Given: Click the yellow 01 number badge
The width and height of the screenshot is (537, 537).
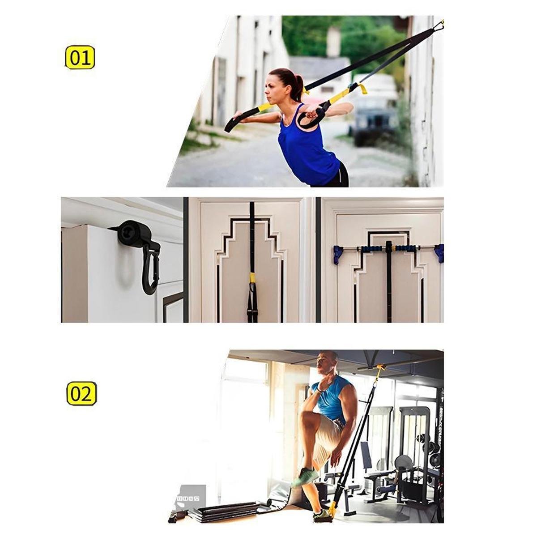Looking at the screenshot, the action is pyautogui.click(x=80, y=58).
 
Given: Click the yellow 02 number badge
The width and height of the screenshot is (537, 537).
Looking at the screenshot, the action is pyautogui.click(x=81, y=394).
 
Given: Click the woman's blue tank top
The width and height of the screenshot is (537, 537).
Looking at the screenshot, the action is pyautogui.click(x=305, y=145).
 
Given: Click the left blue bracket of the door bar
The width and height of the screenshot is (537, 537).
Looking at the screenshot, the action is pyautogui.click(x=338, y=255).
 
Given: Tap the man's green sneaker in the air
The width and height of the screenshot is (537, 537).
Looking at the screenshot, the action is pyautogui.click(x=305, y=478).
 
